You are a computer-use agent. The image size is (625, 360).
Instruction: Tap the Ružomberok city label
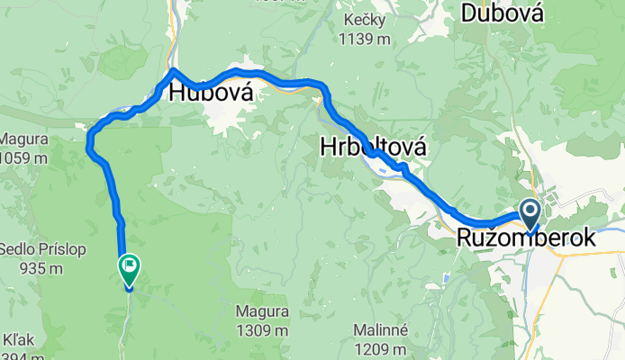(x=526, y=238)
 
